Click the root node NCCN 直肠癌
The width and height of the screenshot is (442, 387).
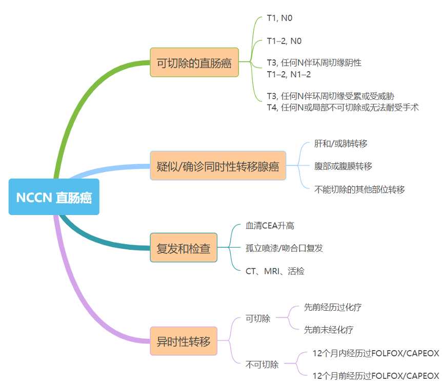tap(54, 197)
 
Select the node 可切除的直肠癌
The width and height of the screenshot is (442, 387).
tap(194, 62)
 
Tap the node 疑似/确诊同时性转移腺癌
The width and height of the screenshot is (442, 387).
tap(217, 165)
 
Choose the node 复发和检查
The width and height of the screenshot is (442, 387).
tap(183, 248)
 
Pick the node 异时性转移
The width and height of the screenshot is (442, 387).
tap(183, 341)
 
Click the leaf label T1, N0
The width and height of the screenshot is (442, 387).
tap(279, 18)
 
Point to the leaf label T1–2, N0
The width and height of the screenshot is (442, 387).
tap(284, 40)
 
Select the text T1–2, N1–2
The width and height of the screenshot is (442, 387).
tap(289, 74)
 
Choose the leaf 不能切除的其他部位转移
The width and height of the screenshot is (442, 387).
tap(359, 189)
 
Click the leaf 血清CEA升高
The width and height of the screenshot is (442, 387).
tap(270, 225)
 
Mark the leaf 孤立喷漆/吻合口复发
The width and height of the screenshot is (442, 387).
tap(284, 248)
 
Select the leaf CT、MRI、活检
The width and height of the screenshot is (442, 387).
tap(275, 271)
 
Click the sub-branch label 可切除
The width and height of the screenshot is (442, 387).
tap(258, 318)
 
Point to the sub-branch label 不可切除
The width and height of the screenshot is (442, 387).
tap(262, 364)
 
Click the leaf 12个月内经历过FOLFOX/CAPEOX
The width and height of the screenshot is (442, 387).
tap(375, 353)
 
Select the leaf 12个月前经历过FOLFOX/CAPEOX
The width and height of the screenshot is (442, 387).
tap(375, 376)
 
